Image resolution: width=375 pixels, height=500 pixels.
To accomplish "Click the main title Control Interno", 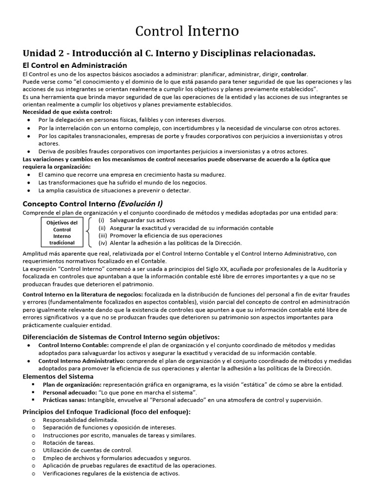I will [187, 32].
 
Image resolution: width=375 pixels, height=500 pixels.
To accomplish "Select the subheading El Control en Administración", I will [75, 65].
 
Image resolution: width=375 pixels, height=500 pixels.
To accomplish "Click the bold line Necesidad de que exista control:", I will [67, 112].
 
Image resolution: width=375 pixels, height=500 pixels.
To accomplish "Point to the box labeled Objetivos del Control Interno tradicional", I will [62, 232].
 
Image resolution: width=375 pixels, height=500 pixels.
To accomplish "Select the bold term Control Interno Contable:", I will [74, 345].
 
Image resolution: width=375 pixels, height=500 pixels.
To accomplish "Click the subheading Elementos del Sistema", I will [58, 376].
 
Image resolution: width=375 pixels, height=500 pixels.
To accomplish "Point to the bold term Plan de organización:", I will [72, 384].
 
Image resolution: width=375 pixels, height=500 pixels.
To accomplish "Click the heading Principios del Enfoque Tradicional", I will [106, 412].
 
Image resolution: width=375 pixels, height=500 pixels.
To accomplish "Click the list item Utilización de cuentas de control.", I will [87, 450].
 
